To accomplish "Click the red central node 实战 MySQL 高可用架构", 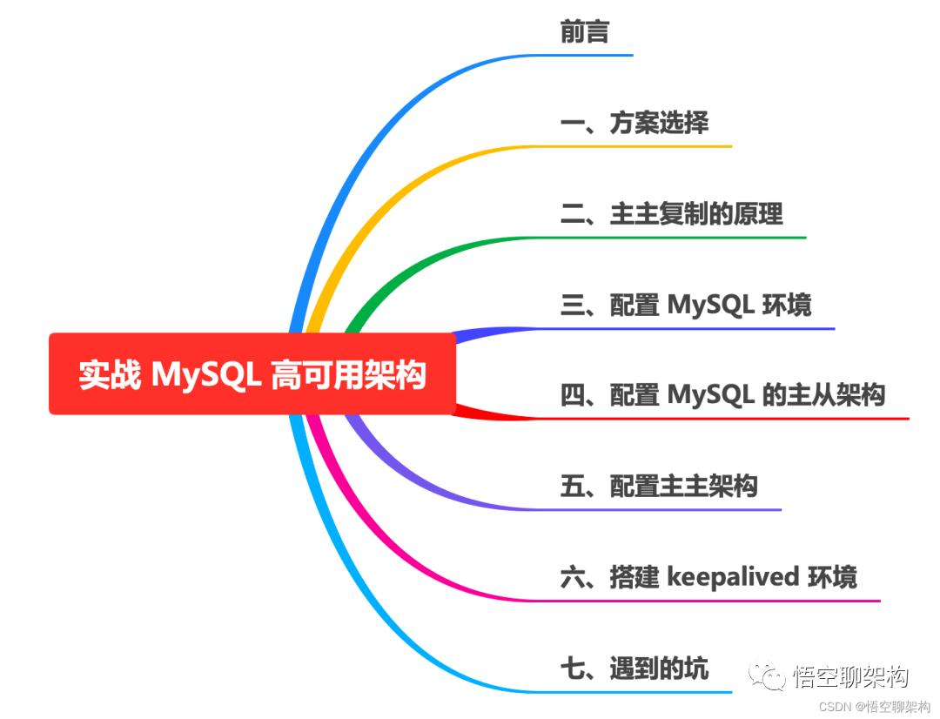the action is point(252,374).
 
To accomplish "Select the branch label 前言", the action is point(584,32).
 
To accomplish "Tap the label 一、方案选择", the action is point(634,123).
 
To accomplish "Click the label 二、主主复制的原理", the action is point(671,213).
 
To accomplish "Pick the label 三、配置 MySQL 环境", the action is point(686,305).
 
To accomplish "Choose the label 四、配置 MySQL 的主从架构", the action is point(722,395).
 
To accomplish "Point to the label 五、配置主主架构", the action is point(659,486).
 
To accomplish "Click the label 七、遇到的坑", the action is point(634,668).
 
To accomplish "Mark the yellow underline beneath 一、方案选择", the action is point(644,145).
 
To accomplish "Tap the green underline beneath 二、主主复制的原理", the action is point(679,237).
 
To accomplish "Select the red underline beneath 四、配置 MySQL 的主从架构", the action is point(731,419).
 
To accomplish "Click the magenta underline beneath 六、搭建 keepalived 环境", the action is point(714,601).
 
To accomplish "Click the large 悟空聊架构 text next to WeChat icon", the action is point(851,675).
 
